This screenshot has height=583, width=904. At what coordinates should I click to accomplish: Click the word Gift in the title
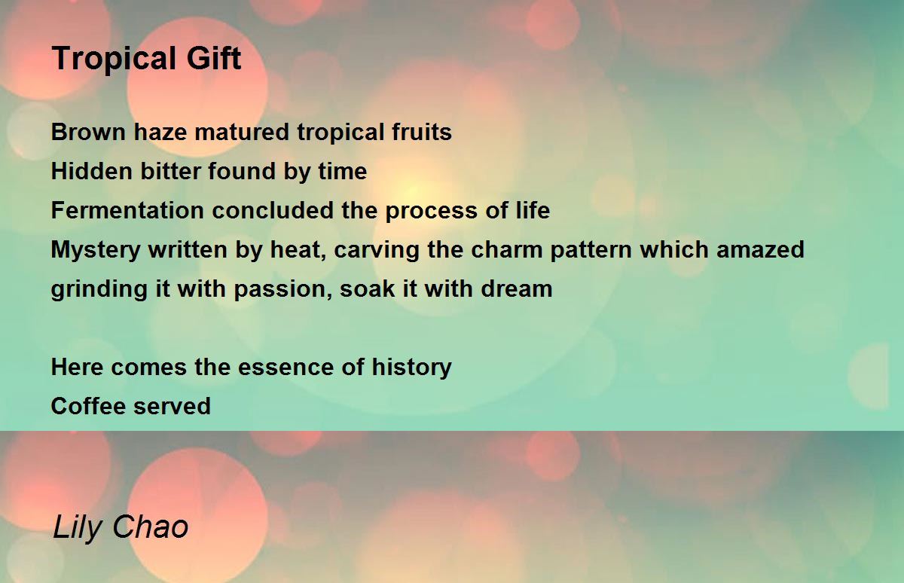(x=214, y=58)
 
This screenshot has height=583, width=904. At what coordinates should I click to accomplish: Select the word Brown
(x=88, y=132)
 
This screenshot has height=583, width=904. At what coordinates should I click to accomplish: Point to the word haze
(x=160, y=132)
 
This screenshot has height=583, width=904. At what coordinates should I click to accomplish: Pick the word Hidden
(x=92, y=171)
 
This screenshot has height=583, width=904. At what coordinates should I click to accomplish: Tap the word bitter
(x=170, y=171)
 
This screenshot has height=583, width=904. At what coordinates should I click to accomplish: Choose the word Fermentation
(x=127, y=210)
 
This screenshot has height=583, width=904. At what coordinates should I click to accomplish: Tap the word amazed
(x=760, y=249)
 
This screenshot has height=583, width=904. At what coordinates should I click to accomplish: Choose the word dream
(x=517, y=288)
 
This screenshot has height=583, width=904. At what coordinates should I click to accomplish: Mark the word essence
(x=286, y=367)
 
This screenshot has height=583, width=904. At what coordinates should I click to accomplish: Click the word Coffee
(x=88, y=406)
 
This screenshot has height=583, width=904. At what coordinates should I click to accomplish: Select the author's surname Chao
(x=151, y=527)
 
